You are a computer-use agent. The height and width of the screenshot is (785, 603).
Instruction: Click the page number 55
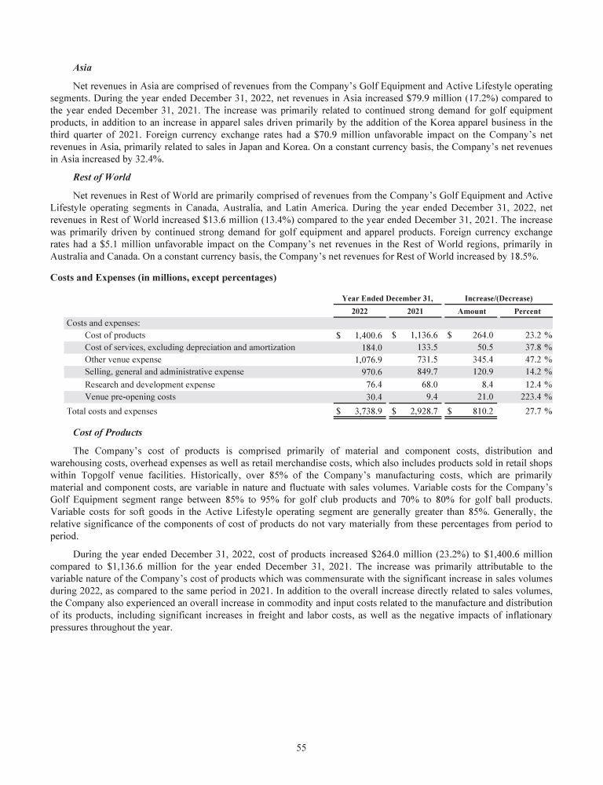[301, 747]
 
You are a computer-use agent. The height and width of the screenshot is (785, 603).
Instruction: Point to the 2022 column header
[353, 310]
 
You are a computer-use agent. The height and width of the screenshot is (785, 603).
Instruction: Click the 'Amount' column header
[472, 310]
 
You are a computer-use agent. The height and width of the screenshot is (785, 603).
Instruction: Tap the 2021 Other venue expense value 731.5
[422, 360]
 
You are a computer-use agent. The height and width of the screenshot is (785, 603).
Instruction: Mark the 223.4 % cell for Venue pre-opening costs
[534, 397]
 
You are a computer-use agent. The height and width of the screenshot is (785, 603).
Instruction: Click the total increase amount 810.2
[480, 411]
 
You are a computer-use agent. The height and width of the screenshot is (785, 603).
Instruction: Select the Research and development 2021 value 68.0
[425, 385]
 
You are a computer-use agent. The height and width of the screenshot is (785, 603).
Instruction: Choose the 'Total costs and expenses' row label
[111, 411]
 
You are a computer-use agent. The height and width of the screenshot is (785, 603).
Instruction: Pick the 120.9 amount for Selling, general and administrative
[480, 372]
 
